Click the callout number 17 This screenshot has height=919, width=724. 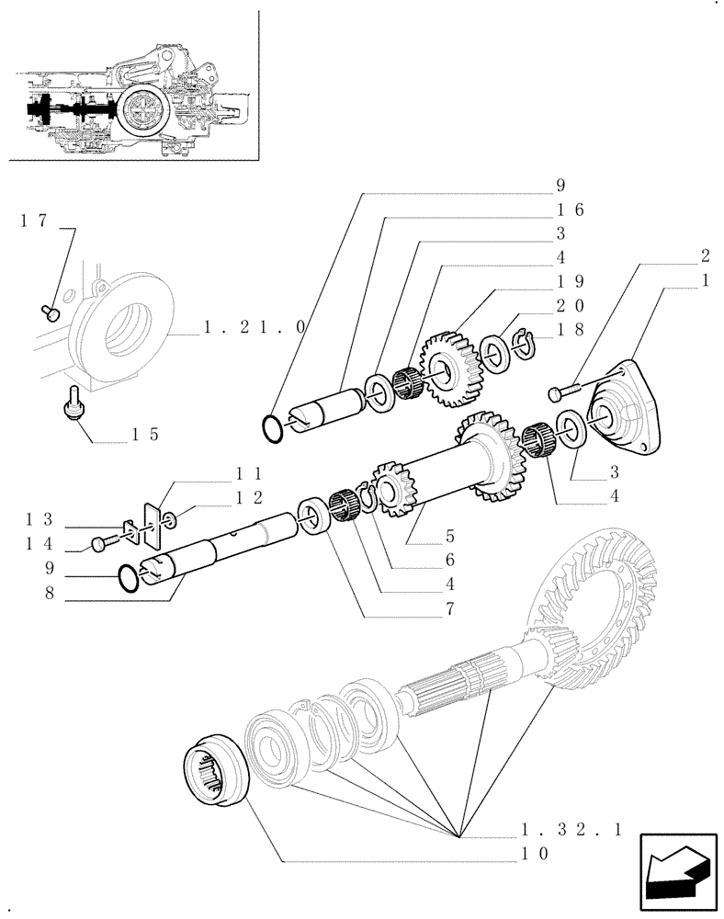pyautogui.click(x=32, y=221)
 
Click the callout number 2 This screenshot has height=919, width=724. pyautogui.click(x=706, y=255)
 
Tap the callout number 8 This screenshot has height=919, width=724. pyautogui.click(x=52, y=594)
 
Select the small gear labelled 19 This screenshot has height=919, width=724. pyautogui.click(x=450, y=371)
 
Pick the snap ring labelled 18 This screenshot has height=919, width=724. pyautogui.click(x=525, y=342)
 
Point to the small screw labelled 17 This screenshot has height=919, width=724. pyautogui.click(x=52, y=313)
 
